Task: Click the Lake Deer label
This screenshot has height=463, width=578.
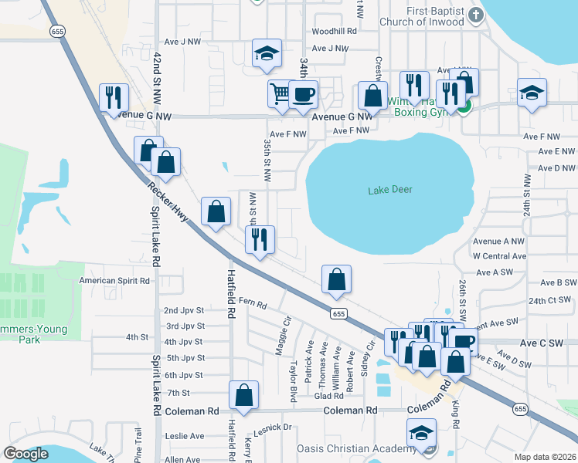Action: pos(390,190)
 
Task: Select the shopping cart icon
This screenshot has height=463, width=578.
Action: pos(279,93)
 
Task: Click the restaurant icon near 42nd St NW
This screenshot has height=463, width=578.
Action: pos(114,97)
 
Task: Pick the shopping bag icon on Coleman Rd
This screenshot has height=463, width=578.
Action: pos(243,394)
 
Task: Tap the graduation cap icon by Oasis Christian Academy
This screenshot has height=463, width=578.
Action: pos(422,432)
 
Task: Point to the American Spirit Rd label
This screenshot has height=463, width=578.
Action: pos(114,281)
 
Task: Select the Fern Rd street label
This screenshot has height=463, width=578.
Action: pos(253,301)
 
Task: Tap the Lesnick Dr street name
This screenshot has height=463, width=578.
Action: pos(275,427)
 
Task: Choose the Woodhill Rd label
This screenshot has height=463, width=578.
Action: pos(334,32)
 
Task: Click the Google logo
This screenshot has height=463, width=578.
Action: pos(25,454)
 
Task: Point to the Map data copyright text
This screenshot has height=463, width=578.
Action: pos(547,457)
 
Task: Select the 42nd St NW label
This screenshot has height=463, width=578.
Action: pos(158,77)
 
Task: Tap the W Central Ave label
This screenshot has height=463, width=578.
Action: pos(498,255)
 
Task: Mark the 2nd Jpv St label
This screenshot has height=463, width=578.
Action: pos(184,310)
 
